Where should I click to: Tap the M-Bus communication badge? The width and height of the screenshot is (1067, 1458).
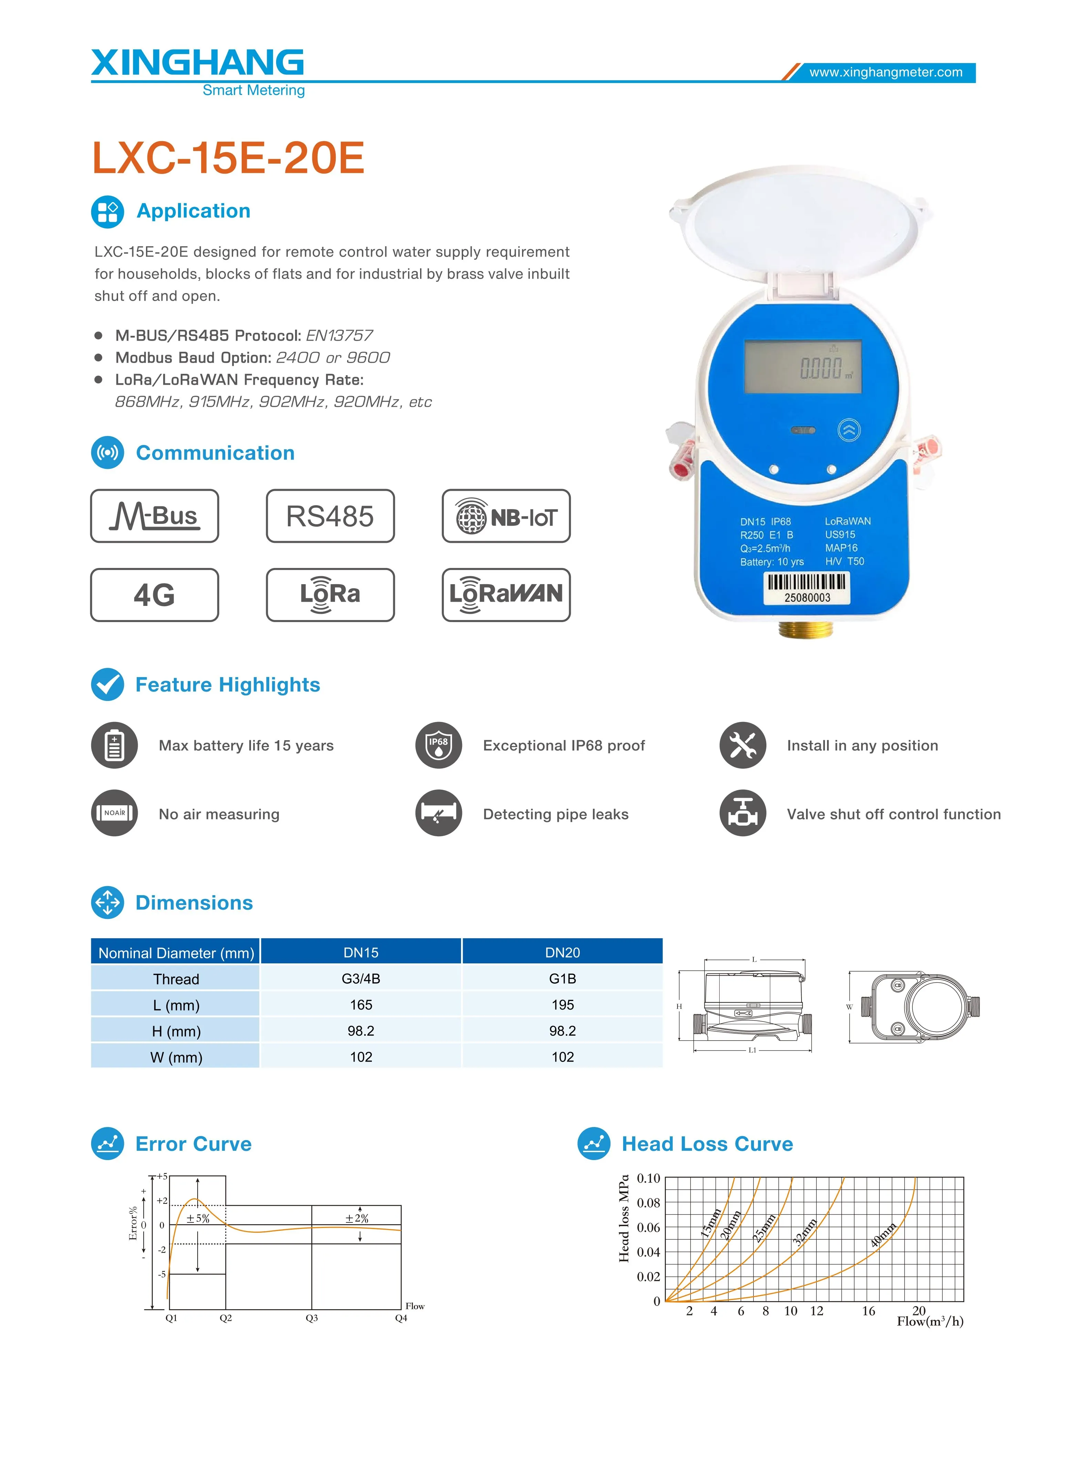click(x=154, y=516)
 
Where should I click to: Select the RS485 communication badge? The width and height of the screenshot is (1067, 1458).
click(x=330, y=516)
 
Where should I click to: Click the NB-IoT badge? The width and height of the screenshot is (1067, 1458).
click(x=506, y=516)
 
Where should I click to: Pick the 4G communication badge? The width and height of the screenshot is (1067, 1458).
click(x=154, y=595)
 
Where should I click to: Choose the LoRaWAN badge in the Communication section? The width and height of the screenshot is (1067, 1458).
click(x=506, y=595)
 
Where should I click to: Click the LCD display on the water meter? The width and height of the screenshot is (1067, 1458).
click(x=803, y=367)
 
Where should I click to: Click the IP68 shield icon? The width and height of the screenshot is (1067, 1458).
click(x=439, y=745)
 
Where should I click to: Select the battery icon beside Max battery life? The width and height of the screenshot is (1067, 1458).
click(x=114, y=745)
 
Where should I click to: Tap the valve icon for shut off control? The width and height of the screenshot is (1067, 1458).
click(x=743, y=813)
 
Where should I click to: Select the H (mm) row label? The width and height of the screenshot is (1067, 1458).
click(x=176, y=1031)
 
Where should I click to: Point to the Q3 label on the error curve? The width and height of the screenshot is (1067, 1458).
click(x=312, y=1318)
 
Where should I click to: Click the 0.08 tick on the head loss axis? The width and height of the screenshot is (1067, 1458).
click(x=648, y=1203)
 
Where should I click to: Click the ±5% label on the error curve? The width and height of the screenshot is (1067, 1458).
click(x=198, y=1218)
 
